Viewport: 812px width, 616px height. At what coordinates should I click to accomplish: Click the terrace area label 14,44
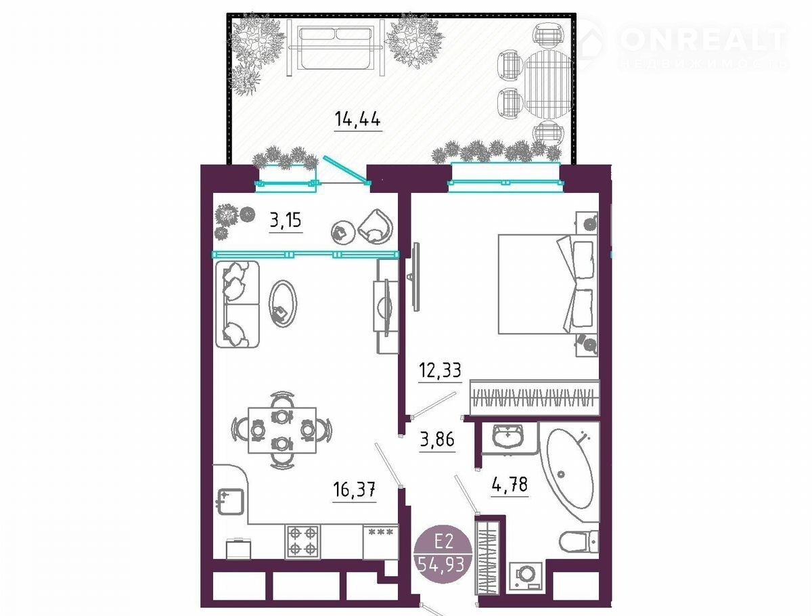tap(357, 120)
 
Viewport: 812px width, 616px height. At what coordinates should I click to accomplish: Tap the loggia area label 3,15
tap(286, 221)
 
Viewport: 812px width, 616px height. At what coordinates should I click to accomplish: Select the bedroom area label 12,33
tap(440, 370)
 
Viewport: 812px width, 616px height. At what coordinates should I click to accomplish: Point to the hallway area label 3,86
tap(437, 440)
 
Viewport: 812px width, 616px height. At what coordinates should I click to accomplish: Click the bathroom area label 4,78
tap(510, 484)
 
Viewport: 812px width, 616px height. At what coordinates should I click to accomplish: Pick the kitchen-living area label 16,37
tap(354, 490)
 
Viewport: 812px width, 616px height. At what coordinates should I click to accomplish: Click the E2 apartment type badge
tap(443, 554)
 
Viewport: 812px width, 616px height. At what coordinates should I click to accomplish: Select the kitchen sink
tap(231, 502)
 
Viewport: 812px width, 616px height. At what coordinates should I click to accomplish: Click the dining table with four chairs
tap(282, 430)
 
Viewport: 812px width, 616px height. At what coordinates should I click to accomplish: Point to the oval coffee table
tap(283, 304)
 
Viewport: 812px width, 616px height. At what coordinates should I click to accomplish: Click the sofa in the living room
tap(238, 304)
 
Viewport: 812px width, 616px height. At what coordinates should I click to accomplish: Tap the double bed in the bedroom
tap(548, 284)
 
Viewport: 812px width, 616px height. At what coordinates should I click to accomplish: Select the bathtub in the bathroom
tap(569, 470)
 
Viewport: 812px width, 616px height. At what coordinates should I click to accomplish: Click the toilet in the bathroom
tap(579, 542)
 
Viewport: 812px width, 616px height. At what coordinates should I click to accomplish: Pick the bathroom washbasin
tap(508, 436)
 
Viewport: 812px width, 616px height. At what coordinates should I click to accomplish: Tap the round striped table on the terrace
tap(549, 84)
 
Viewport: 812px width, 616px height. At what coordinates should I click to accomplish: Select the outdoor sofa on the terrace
tap(336, 48)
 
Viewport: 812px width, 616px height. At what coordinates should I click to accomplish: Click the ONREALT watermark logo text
tap(703, 39)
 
